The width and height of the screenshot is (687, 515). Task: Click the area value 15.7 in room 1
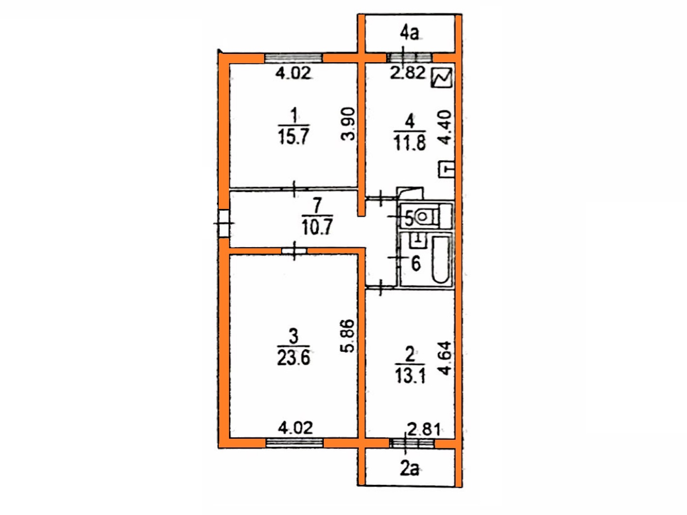tap(294, 137)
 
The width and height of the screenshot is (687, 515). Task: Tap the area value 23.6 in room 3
tap(294, 358)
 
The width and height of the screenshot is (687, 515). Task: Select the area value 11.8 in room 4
tap(410, 142)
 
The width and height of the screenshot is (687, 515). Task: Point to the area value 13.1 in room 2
tap(410, 375)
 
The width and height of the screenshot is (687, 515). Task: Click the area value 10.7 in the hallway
tap(317, 227)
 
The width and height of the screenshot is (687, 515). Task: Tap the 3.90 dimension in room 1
tap(348, 124)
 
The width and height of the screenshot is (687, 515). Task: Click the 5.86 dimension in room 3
tap(348, 336)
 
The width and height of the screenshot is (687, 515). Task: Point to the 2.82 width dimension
tap(408, 73)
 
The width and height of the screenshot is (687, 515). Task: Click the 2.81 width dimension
tap(424, 430)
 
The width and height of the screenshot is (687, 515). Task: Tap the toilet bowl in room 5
tap(423, 216)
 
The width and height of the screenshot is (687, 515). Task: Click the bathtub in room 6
tap(441, 260)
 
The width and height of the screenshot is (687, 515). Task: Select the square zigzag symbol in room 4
tap(442, 78)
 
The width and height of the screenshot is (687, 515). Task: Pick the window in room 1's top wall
tap(294, 58)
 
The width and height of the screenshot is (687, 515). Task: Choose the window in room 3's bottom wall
tap(294, 443)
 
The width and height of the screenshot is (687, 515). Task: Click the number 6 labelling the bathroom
tap(416, 264)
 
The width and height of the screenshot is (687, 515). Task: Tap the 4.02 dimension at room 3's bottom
tap(296, 428)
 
